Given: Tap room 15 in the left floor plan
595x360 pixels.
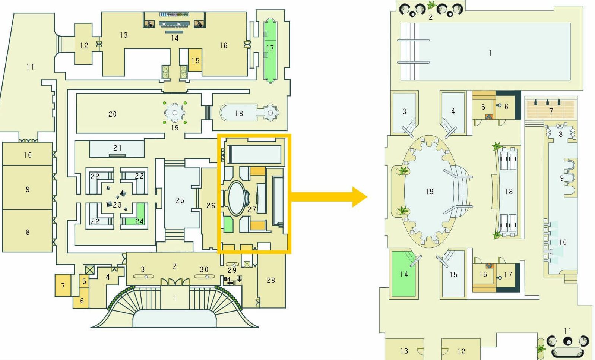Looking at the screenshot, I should tap(195, 60).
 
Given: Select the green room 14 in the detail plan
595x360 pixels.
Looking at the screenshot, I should tap(403, 274).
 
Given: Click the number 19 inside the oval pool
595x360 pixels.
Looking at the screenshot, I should tap(429, 192).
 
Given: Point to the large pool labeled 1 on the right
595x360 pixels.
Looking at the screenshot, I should tap(490, 53).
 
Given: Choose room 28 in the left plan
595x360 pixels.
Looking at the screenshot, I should tap(271, 280).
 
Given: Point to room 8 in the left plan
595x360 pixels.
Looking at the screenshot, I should tap(27, 232).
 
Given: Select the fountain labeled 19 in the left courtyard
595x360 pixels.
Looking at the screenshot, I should tap(174, 113).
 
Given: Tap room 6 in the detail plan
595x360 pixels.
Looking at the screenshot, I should tap(506, 107).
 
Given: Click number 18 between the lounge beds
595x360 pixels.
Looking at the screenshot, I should tap(509, 192).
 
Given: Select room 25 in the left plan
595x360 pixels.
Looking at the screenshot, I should tap(180, 200).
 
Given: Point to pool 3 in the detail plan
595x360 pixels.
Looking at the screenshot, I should tap(404, 111).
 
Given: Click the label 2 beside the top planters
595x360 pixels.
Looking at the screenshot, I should tap(431, 17).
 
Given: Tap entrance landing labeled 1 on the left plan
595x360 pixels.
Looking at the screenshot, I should tap(175, 298).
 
